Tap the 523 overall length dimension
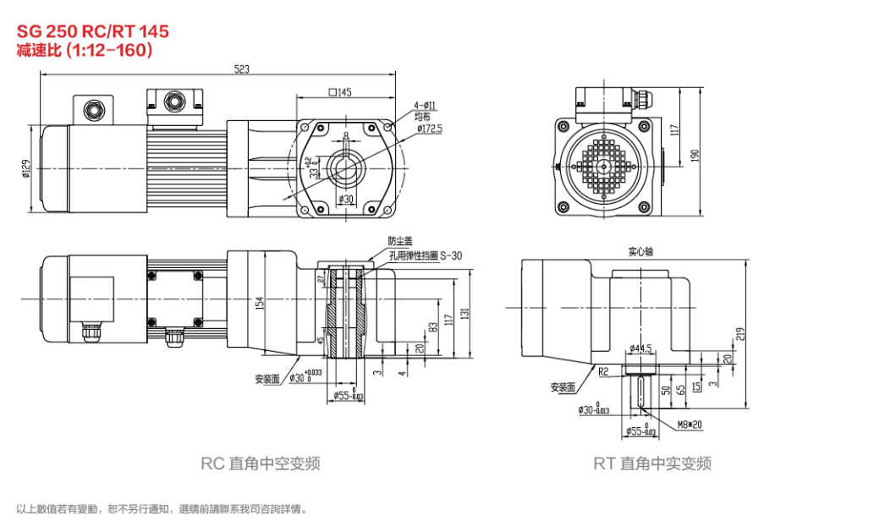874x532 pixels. click(241, 70)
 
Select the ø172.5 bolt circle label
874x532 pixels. click(429, 129)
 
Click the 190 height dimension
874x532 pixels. click(695, 155)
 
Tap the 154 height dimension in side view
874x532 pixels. click(261, 303)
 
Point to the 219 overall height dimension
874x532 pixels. click(739, 334)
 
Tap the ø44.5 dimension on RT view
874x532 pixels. click(642, 348)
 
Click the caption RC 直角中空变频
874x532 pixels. click(261, 463)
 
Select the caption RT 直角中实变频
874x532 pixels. click(652, 463)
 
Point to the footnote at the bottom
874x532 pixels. click(162, 509)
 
